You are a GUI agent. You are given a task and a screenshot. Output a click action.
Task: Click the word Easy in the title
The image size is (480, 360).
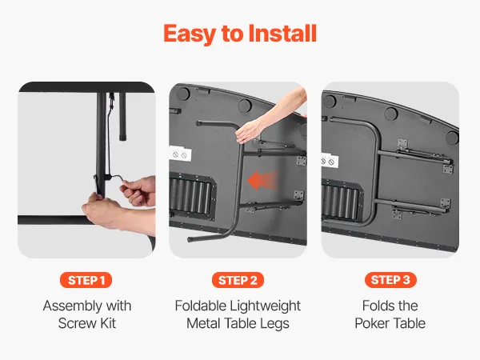pyautogui.click(x=190, y=34)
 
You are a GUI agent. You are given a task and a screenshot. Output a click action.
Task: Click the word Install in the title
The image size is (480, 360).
pyautogui.click(x=282, y=33)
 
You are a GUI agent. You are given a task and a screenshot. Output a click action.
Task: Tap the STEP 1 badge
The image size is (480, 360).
pyautogui.click(x=86, y=280)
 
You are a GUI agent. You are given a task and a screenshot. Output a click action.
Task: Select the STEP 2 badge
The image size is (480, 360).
pyautogui.click(x=238, y=280)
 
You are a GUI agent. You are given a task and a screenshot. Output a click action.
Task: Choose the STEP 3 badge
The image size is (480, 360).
pyautogui.click(x=390, y=280)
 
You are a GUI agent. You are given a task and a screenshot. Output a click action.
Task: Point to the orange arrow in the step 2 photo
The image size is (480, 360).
pyautogui.click(x=263, y=181)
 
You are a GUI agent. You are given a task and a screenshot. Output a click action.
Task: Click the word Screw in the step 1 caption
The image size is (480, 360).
pyautogui.click(x=73, y=323)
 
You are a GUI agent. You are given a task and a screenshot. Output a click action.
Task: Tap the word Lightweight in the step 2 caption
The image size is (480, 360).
pyautogui.click(x=265, y=306)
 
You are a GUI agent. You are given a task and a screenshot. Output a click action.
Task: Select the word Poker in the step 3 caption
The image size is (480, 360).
pyautogui.click(x=370, y=323)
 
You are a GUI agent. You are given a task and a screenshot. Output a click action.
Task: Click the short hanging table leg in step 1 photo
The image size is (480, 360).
pyautogui.click(x=122, y=116)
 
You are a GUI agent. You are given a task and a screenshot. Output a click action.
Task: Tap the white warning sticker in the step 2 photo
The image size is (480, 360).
pyautogui.click(x=180, y=154)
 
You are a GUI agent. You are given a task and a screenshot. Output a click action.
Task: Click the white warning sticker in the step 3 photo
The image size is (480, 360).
pyautogui.click(x=330, y=161)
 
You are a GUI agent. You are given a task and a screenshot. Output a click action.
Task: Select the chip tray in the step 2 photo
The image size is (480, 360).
pyautogui.click(x=192, y=196)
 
